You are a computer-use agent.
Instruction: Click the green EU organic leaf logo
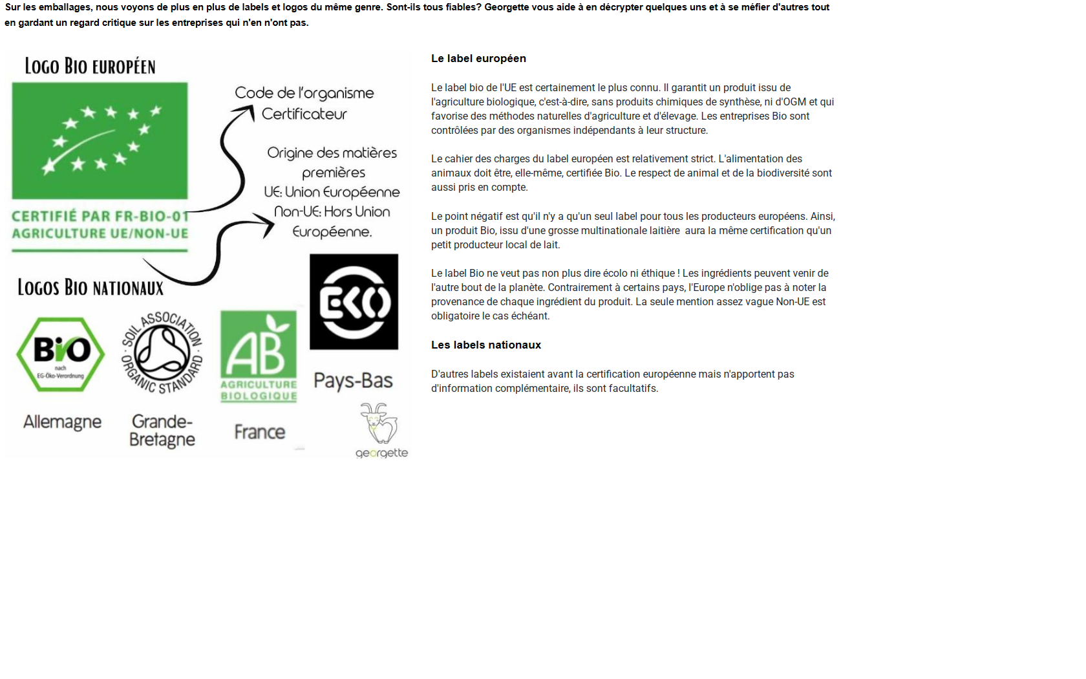coord(100,140)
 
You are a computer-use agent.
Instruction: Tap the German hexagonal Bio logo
coord(61,354)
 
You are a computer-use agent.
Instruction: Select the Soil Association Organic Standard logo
coord(162,352)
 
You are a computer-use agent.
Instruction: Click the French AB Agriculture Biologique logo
coord(259,356)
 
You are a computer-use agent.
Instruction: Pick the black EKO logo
coord(354,302)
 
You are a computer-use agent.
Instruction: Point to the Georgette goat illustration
coord(378,423)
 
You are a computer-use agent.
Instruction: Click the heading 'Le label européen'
coord(478,59)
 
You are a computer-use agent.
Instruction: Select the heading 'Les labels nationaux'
coord(485,345)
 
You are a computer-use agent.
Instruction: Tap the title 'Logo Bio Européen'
coord(90,67)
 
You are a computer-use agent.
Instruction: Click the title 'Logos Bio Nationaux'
coord(90,288)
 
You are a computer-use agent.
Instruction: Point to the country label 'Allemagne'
coord(62,422)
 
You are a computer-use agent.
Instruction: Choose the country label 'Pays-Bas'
coord(353,381)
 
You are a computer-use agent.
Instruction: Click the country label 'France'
coord(259,432)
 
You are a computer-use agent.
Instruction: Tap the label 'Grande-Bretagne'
coord(162,431)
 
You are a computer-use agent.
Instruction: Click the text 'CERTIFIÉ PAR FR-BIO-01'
coord(100,216)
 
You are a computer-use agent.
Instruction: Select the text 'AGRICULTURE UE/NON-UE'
coord(100,233)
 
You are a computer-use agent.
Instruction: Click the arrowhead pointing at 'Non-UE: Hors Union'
coord(267,224)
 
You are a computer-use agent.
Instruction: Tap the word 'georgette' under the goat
coord(381,453)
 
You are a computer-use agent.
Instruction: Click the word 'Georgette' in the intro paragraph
coord(507,7)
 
